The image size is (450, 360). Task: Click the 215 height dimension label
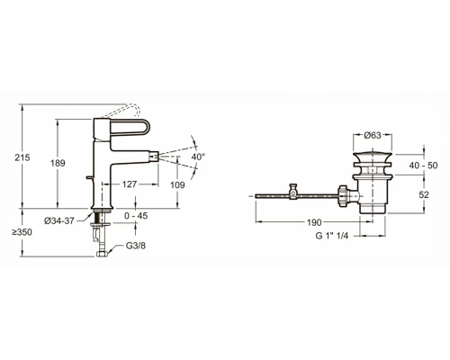tap(22, 157)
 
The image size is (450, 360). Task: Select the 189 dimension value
tap(58, 163)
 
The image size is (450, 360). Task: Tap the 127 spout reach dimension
tap(130, 184)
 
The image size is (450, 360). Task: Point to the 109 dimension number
tap(177, 185)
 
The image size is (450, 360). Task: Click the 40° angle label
tap(198, 157)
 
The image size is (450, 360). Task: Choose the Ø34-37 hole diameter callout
tap(59, 220)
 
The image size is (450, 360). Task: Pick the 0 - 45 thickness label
tap(136, 216)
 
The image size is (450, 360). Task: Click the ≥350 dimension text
tap(22, 232)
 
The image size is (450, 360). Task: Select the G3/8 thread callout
tap(136, 246)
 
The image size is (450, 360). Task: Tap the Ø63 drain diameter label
tap(373, 135)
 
